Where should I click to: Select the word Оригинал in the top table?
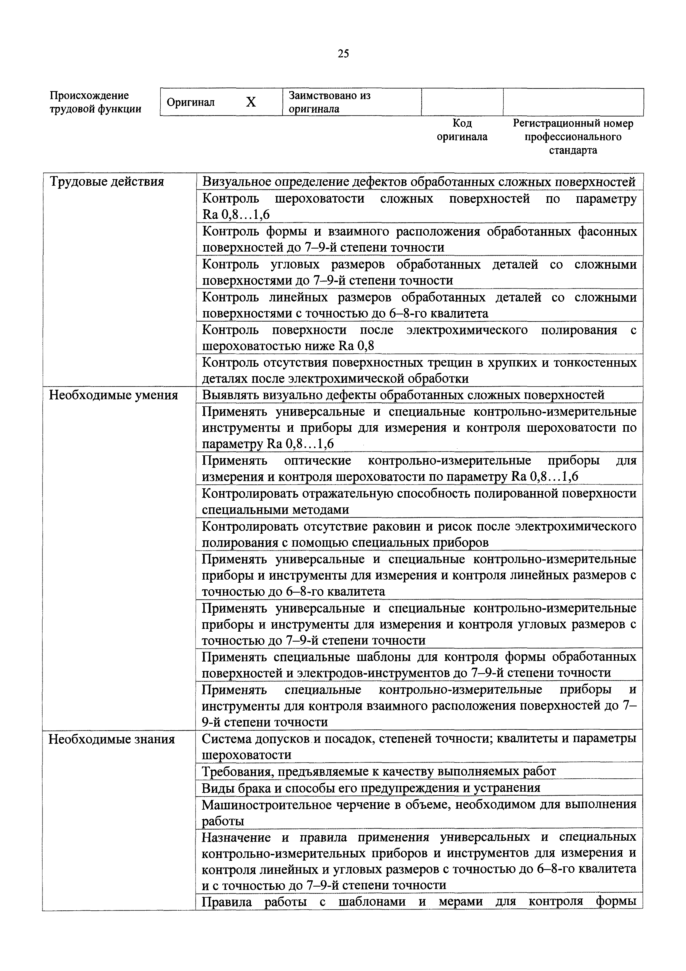pos(191,102)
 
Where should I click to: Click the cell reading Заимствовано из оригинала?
pos(330,102)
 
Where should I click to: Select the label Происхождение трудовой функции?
pos(95,102)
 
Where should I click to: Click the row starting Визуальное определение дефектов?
pos(419,182)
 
